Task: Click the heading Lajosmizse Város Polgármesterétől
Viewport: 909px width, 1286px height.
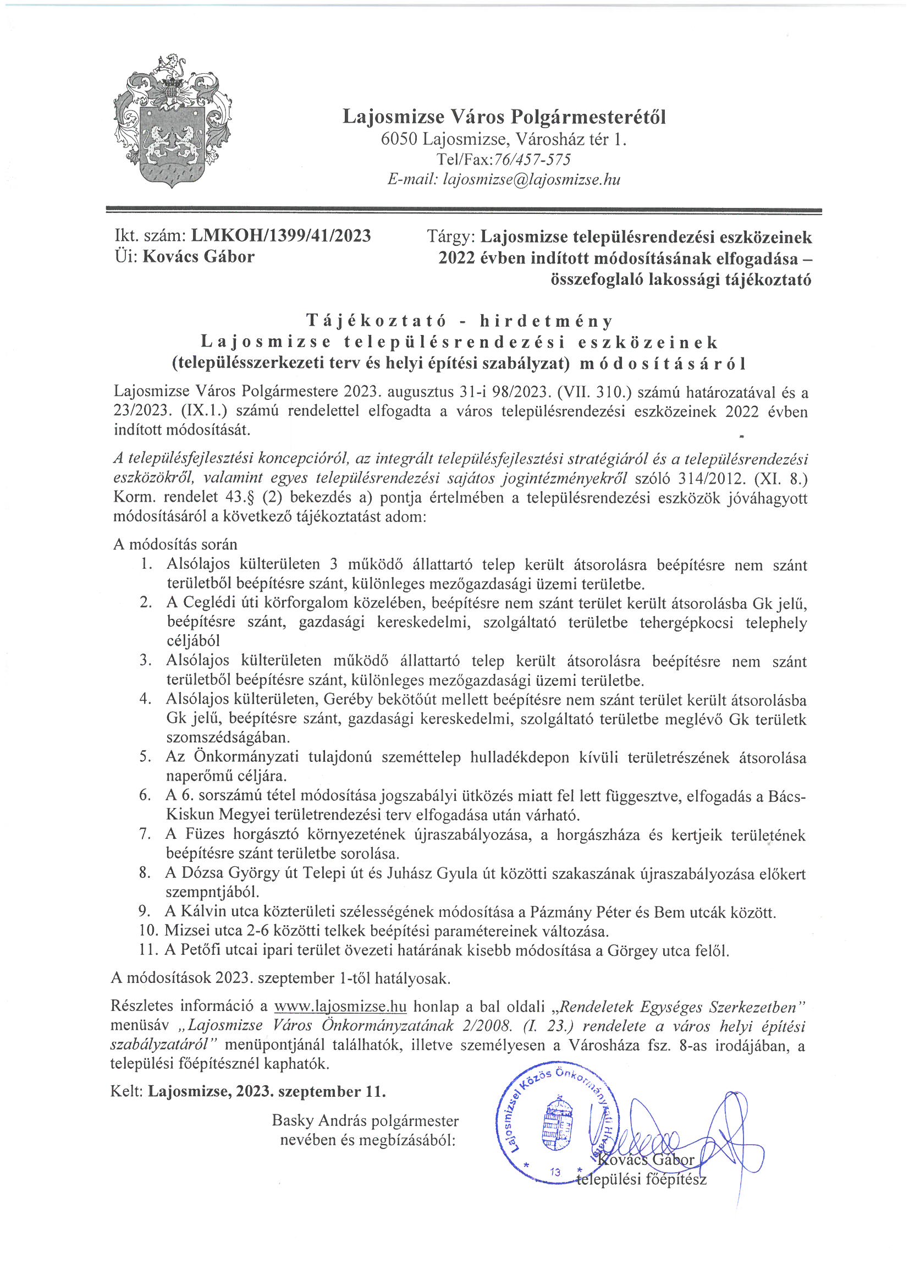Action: pyautogui.click(x=504, y=117)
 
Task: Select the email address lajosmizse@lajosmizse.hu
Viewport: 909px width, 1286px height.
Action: pyautogui.click(x=532, y=179)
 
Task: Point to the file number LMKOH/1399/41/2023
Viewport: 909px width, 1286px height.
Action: pyautogui.click(x=281, y=236)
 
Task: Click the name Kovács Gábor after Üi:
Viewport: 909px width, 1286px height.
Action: pyautogui.click(x=199, y=256)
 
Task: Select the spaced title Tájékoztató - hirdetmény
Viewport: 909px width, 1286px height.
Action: pyautogui.click(x=459, y=321)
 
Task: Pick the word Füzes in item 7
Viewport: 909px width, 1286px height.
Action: pyautogui.click(x=205, y=834)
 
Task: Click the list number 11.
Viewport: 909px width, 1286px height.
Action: pyautogui.click(x=148, y=950)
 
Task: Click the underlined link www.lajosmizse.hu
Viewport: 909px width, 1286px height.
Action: pyautogui.click(x=340, y=1007)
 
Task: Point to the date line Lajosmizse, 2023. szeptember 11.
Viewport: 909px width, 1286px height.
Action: pyautogui.click(x=267, y=1092)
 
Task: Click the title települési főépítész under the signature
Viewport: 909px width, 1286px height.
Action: pyautogui.click(x=641, y=1179)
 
